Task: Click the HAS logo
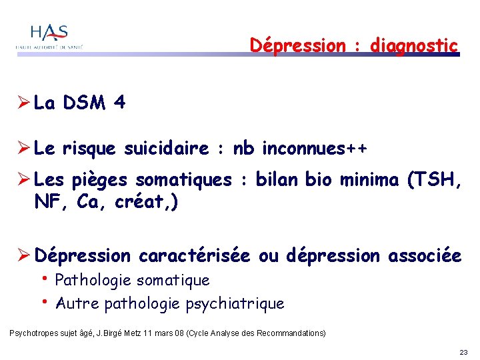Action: tap(51, 37)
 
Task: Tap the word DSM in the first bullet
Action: tap(85, 103)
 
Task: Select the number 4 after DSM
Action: tap(120, 103)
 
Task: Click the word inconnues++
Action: tap(314, 148)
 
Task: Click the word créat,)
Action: tap(151, 202)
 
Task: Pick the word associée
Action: tap(425, 255)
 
